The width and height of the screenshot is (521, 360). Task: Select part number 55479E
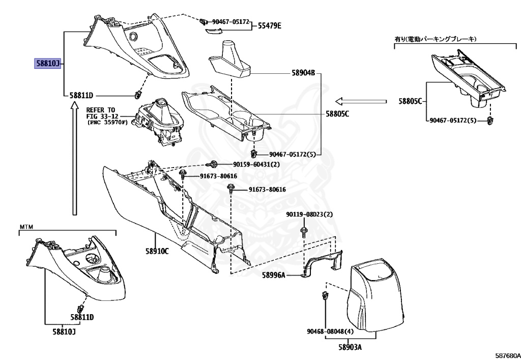(269, 25)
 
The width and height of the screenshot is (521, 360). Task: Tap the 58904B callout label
(304, 73)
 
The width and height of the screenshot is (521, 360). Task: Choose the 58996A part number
(274, 275)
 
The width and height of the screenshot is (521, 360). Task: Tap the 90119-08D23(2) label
(309, 214)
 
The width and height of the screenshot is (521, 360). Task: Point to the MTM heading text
(26, 226)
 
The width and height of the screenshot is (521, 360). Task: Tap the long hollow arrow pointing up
(74, 158)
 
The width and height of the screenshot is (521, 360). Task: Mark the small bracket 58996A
(323, 265)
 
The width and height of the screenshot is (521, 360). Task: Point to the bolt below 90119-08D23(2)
(304, 232)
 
